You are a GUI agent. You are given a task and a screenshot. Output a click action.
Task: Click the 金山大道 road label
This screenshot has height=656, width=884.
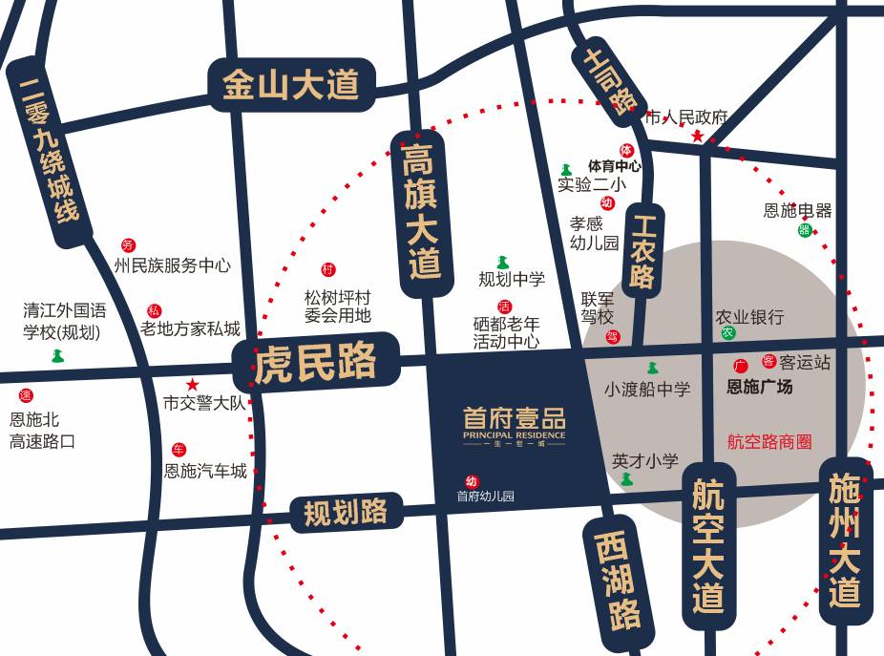(291, 85)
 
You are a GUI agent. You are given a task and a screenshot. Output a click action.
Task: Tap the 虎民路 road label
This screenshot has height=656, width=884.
(316, 361)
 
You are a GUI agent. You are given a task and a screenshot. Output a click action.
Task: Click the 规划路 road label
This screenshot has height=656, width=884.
(346, 513)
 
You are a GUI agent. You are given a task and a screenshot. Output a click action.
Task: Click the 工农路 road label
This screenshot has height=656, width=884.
(643, 250)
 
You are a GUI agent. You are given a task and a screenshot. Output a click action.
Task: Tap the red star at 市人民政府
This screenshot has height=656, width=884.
(698, 137)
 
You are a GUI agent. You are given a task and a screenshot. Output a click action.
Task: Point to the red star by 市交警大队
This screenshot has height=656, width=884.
(192, 385)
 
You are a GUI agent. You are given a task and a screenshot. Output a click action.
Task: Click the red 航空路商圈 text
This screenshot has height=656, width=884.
(769, 441)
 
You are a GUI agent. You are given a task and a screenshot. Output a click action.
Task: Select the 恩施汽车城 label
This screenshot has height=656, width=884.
(205, 471)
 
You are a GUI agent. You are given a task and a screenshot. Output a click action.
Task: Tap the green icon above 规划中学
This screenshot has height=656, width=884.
(503, 262)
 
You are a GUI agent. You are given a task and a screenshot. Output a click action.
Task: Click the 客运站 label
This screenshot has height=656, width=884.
(805, 362)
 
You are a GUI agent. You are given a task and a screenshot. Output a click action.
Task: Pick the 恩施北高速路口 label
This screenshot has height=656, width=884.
(42, 430)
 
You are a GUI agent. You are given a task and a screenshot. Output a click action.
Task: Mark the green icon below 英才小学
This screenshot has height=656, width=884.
(627, 479)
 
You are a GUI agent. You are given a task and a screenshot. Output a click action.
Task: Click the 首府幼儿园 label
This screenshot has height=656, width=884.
(485, 497)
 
